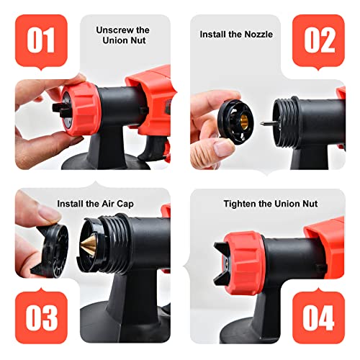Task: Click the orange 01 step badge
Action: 40,40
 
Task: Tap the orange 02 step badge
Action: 318,40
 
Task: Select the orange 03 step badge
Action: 40,318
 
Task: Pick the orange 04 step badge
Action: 318,318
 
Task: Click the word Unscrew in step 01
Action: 122,30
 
